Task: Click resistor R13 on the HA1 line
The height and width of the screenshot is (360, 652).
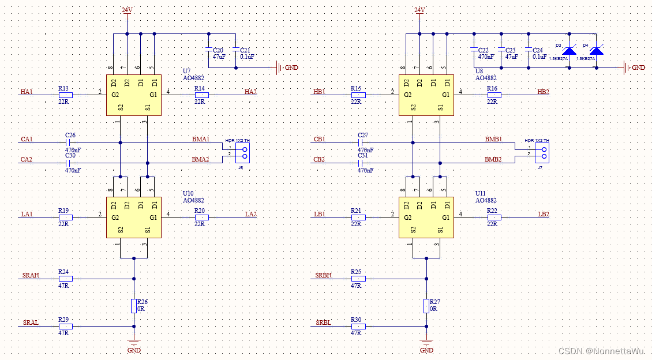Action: click(66, 94)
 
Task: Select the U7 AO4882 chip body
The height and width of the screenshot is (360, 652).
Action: click(134, 95)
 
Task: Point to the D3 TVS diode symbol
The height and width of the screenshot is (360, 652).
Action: click(569, 51)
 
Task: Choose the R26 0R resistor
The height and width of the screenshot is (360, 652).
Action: click(134, 305)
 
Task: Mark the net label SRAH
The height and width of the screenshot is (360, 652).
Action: click(31, 276)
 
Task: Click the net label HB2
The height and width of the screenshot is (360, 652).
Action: click(543, 92)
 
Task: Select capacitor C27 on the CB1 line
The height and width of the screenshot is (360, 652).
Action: click(361, 142)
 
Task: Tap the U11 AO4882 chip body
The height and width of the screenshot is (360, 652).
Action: click(426, 217)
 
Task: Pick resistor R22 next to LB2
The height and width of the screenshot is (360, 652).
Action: click(494, 217)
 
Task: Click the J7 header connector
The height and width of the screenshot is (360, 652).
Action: click(542, 153)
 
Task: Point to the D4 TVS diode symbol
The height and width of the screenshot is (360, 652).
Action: click(596, 51)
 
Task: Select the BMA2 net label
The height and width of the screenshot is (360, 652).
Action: click(200, 159)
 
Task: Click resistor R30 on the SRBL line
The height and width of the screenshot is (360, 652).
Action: click(358, 327)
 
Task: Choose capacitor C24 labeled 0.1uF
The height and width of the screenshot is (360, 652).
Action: click(527, 51)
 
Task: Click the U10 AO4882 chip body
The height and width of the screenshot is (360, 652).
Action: click(134, 217)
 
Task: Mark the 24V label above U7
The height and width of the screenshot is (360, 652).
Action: click(128, 10)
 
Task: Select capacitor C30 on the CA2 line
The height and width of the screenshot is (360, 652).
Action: click(68, 163)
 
